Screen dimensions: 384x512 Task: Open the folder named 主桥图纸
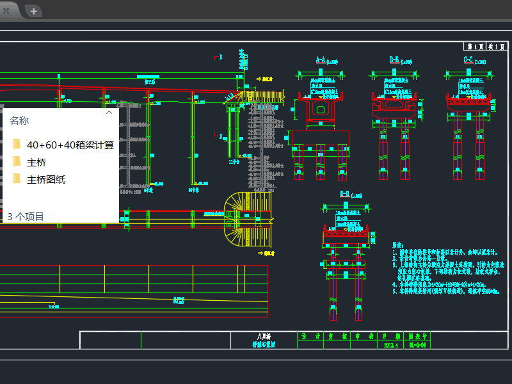[x=46, y=180]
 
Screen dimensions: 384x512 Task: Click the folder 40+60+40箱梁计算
[x=70, y=145]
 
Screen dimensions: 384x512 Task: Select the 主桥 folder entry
[x=36, y=163]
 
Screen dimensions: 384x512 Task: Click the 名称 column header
[x=19, y=121]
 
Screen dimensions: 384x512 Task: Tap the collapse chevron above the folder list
[x=109, y=113]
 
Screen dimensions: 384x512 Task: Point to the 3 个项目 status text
[x=26, y=217]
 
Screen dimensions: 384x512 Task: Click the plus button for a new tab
[x=33, y=11]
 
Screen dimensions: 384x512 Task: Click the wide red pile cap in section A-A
[x=319, y=137]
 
